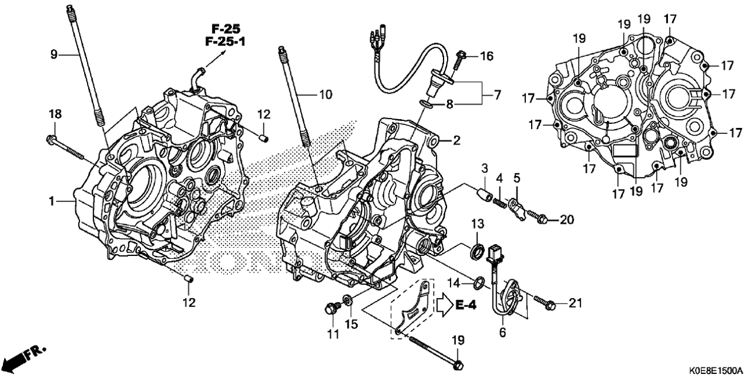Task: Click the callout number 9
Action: click(54, 55)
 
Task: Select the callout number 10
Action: click(326, 94)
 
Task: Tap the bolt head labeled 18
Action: click(51, 140)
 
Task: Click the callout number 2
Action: click(457, 141)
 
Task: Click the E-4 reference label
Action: click(467, 305)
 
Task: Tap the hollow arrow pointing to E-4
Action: click(445, 305)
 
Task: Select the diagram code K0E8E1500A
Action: click(715, 371)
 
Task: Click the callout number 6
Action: click(502, 333)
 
